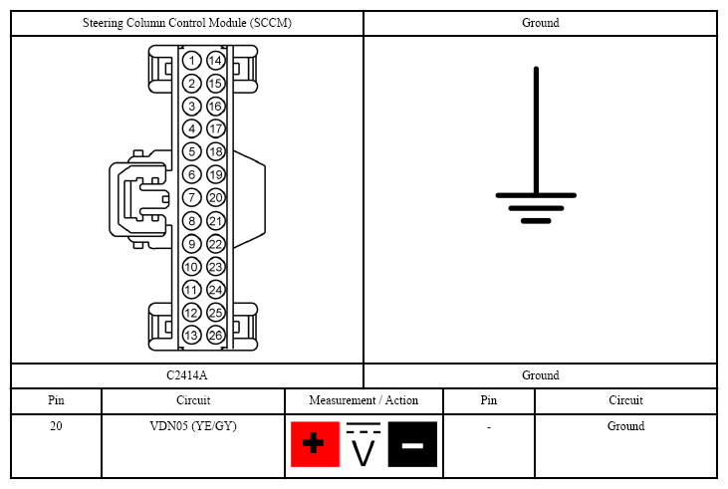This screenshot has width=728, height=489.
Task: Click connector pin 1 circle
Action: tap(191, 61)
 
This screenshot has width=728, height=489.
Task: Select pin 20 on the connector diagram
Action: tap(215, 198)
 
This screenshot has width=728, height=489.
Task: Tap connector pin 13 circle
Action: tap(191, 336)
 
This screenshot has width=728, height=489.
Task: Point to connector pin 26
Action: tap(215, 336)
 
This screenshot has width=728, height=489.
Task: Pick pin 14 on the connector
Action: tap(215, 61)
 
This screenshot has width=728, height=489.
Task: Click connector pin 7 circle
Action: tap(191, 198)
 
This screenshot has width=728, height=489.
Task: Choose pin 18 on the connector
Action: tap(215, 151)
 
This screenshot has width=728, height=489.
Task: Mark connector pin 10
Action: tap(191, 267)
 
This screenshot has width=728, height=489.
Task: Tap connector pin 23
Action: tap(215, 267)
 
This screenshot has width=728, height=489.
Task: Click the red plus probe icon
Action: tap(315, 444)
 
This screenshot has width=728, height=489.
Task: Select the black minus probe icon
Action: tap(412, 444)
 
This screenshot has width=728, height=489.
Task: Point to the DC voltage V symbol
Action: tap(364, 444)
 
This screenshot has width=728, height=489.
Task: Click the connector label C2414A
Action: tap(186, 375)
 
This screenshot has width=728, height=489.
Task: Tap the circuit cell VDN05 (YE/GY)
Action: tap(193, 426)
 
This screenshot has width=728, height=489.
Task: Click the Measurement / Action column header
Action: tap(364, 400)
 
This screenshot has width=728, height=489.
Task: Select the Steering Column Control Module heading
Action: tap(186, 23)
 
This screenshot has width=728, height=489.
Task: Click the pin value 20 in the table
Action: tap(56, 426)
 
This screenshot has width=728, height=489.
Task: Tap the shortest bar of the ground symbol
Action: tap(536, 221)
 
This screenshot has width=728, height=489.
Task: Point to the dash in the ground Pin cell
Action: tap(488, 427)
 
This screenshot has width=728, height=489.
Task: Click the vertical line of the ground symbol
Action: tap(536, 130)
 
